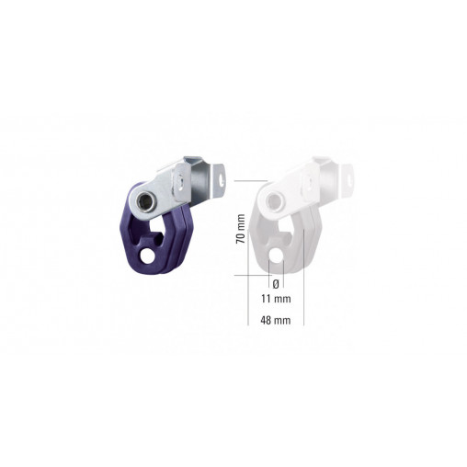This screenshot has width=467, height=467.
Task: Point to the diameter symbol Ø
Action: coord(275,282)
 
